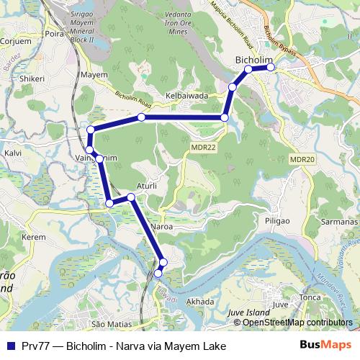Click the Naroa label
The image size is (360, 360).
pyautogui.click(x=166, y=226)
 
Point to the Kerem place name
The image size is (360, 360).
pyautogui.click(x=34, y=236)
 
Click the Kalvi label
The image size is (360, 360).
pyautogui.click(x=13, y=153)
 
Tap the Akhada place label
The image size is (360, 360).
pyautogui.click(x=200, y=302)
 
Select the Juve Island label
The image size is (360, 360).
pyautogui.click(x=247, y=313)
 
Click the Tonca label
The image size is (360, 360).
pyautogui.click(x=310, y=297)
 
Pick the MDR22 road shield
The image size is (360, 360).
pyautogui.click(x=202, y=147)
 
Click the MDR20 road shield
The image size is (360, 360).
pyautogui.click(x=302, y=159)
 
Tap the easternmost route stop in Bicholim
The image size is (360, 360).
pyautogui.click(x=271, y=67)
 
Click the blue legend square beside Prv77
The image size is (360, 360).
pyautogui.click(x=9, y=346)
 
